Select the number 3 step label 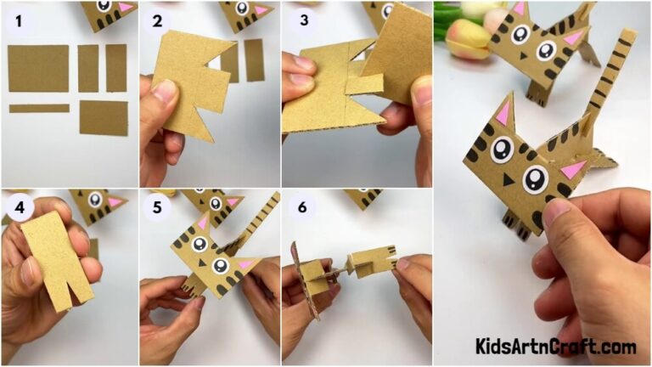click(300, 19)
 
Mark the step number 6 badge click(300, 207)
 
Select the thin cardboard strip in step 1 click(39, 109)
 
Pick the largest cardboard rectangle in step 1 click(38, 68)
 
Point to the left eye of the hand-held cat click(502, 150)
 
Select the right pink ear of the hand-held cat click(574, 168)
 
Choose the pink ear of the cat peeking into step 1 click(126, 8)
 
